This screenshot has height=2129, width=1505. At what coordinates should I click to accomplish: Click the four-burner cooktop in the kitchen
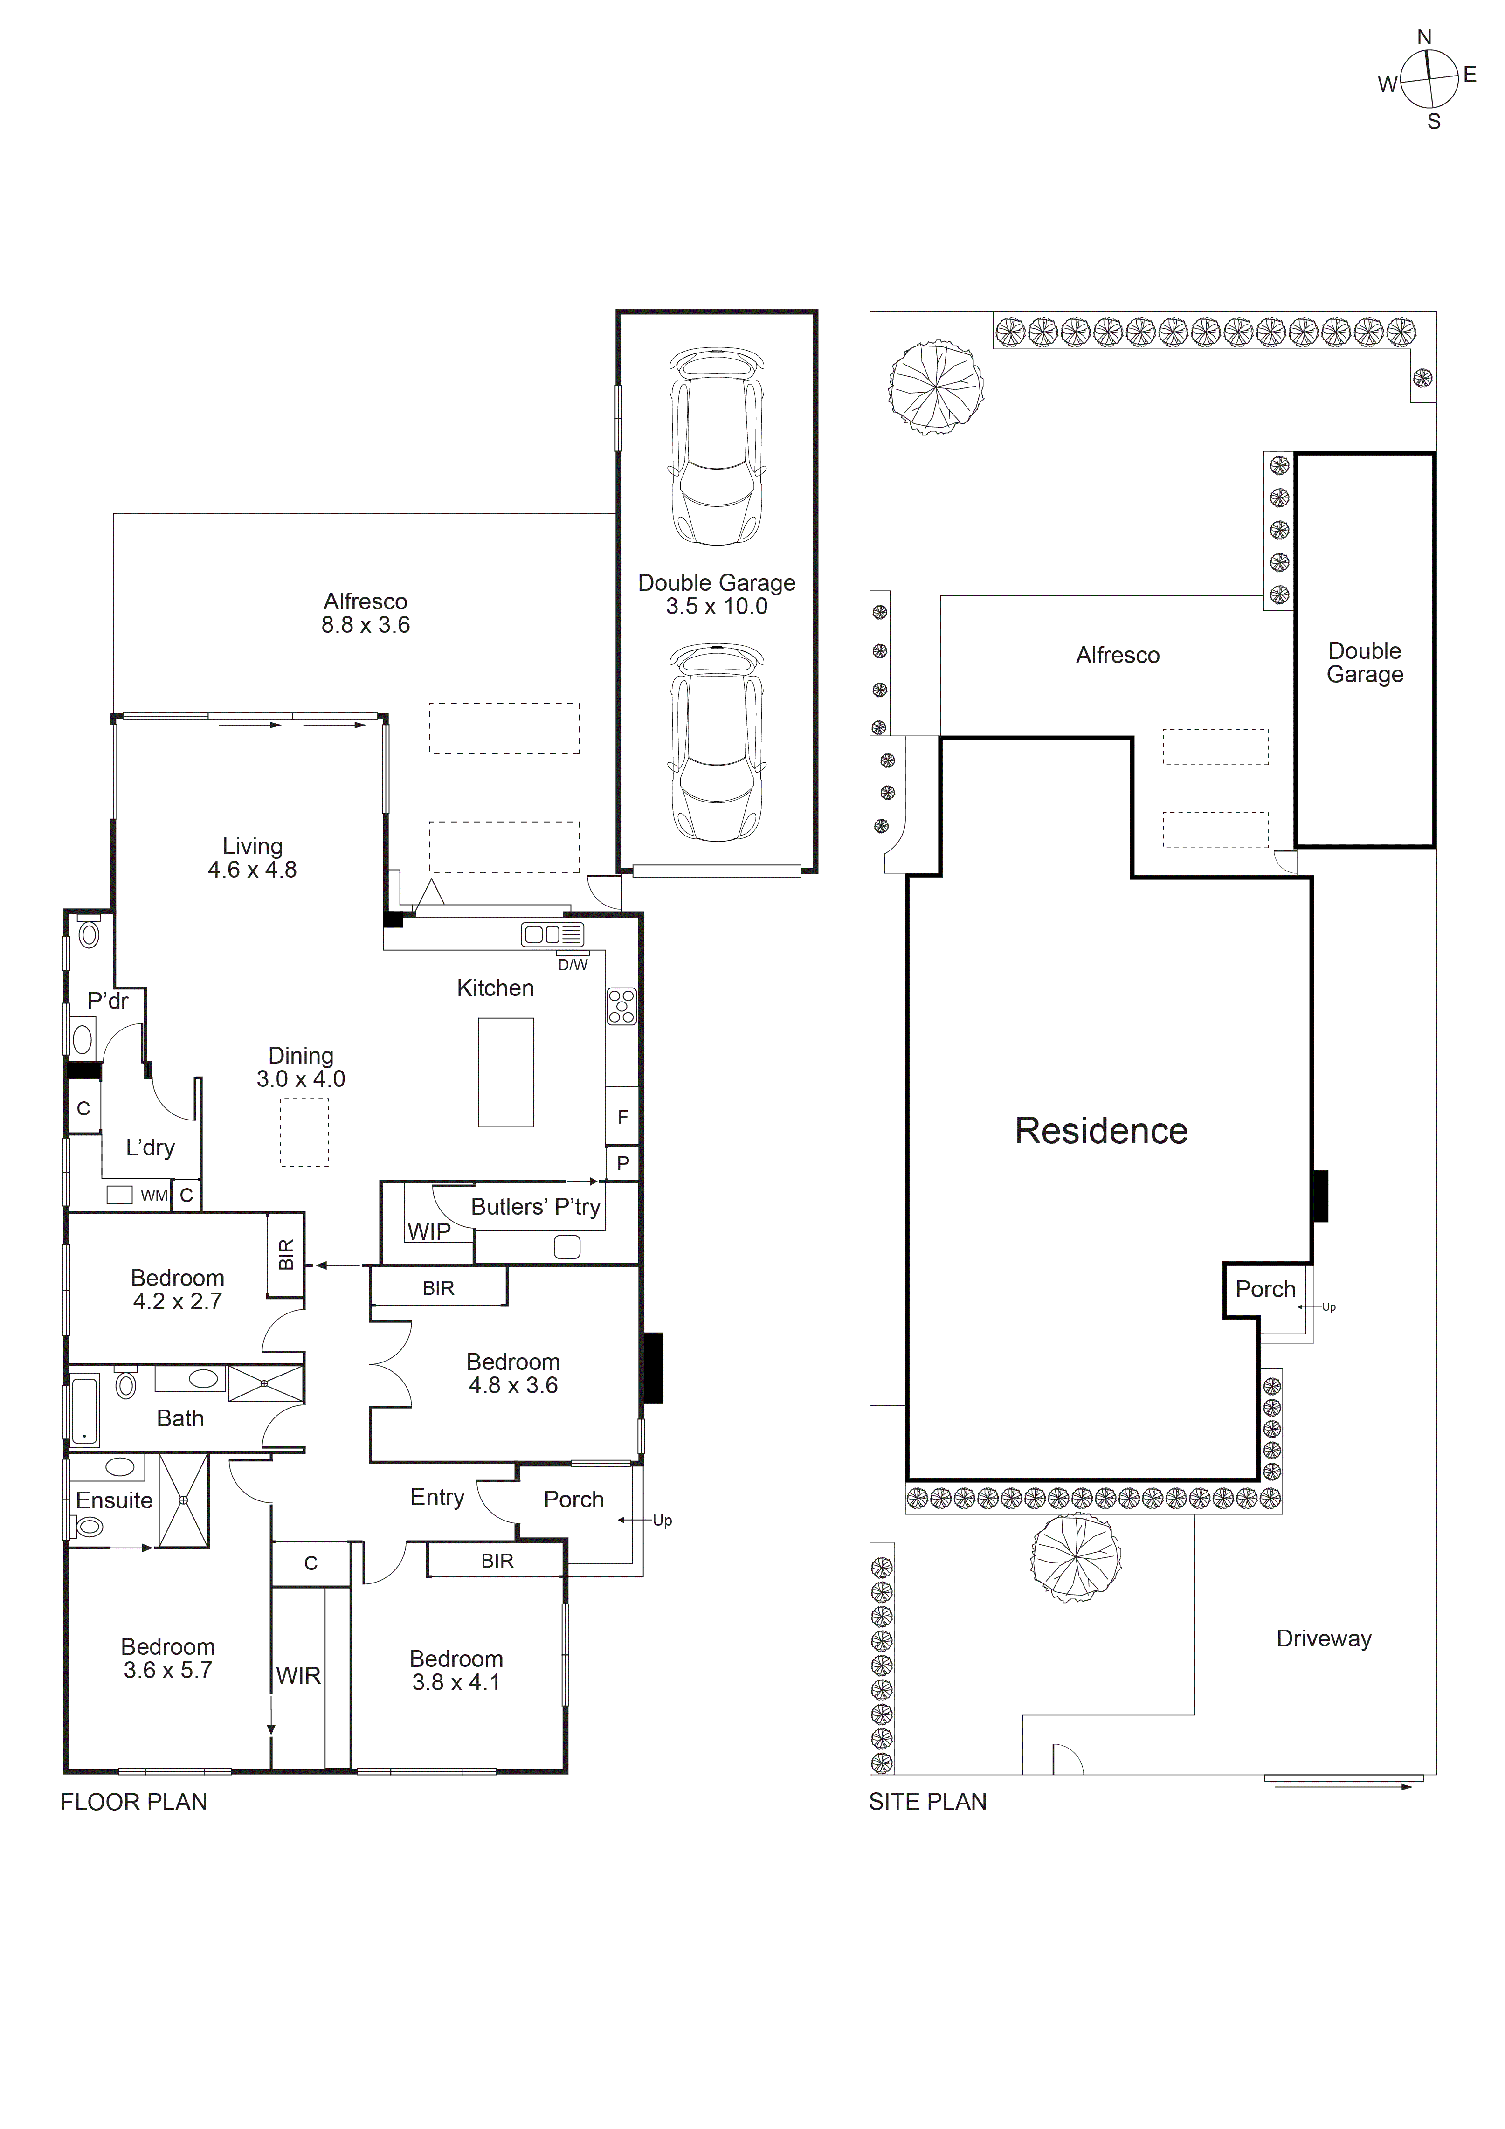(621, 1007)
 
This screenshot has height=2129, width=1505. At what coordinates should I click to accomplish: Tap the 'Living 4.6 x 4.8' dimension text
(252, 858)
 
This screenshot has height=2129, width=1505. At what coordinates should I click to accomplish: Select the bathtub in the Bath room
(84, 1411)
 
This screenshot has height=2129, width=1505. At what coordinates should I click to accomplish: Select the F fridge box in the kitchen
(622, 1117)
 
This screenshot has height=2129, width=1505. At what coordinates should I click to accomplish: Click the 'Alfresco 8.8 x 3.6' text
(366, 613)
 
